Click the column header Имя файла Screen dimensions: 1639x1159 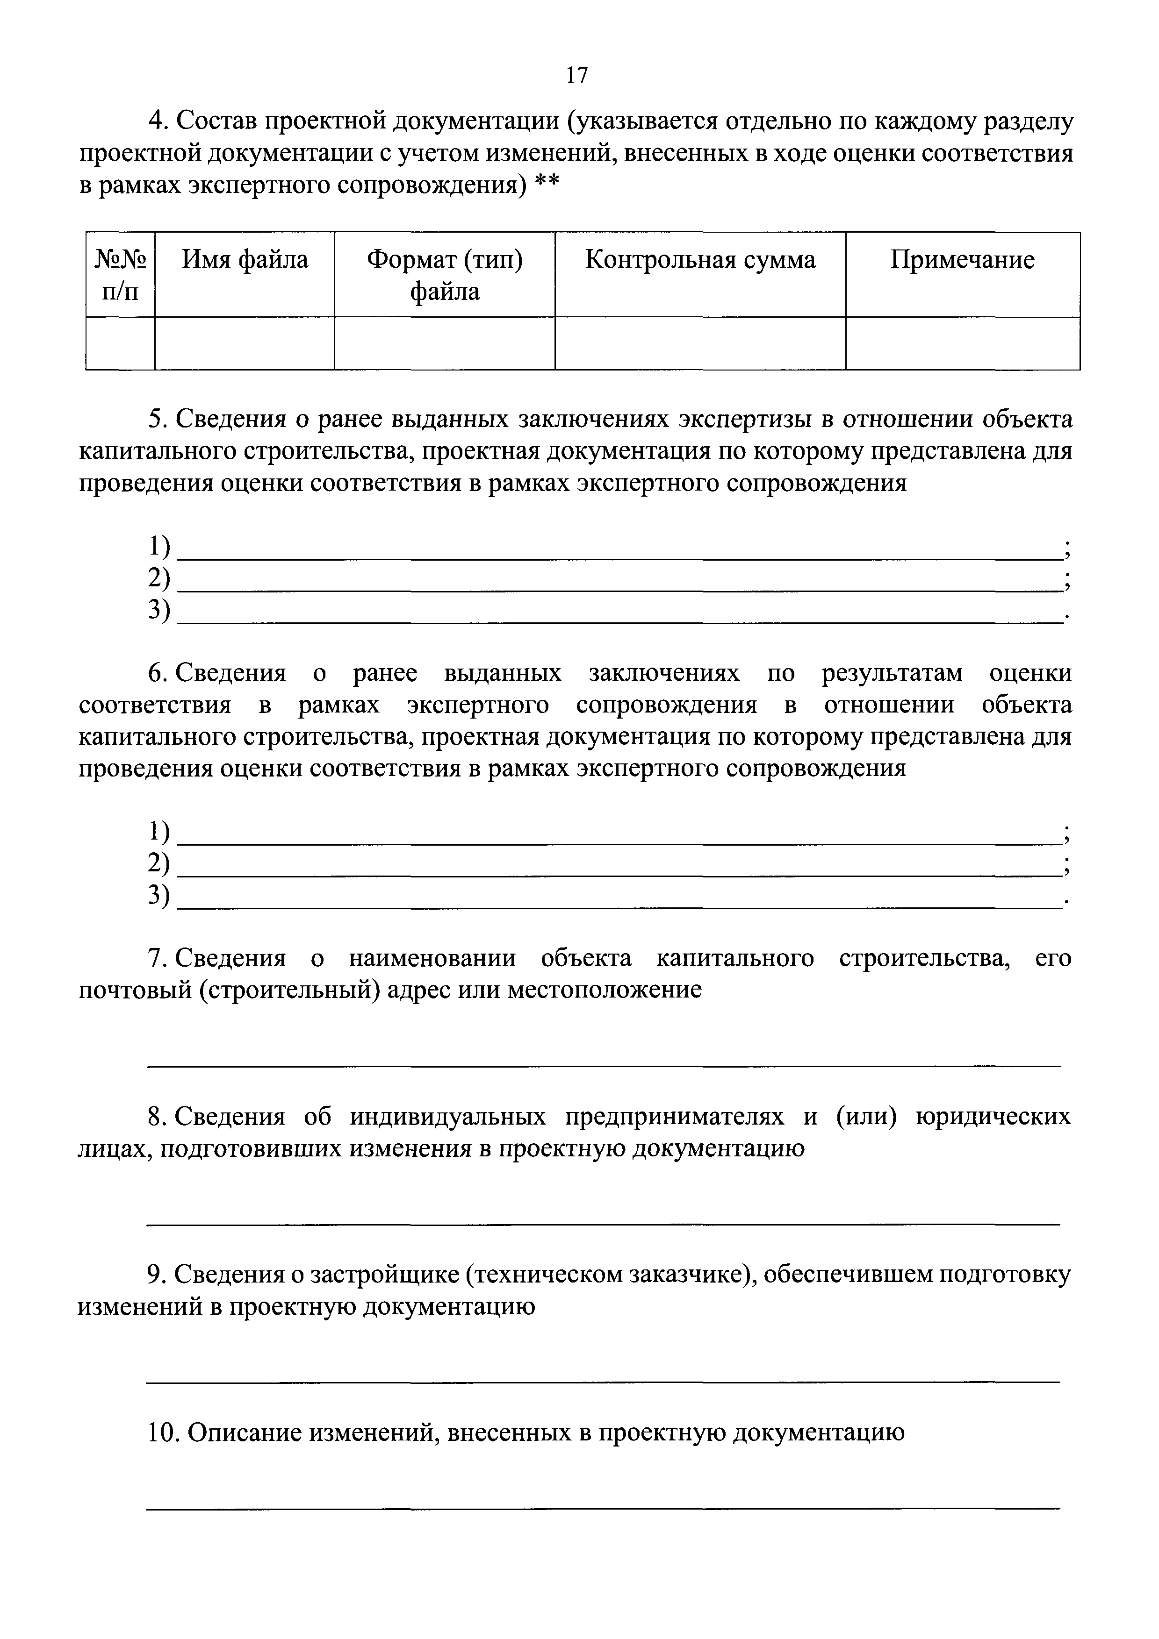click(x=245, y=259)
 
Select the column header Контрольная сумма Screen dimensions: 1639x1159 click(x=700, y=260)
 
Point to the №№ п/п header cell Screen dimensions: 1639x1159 click(x=120, y=275)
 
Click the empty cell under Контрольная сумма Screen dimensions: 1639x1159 click(x=700, y=343)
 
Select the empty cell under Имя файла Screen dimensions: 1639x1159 click(x=245, y=343)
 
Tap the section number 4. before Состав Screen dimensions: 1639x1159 click(x=158, y=122)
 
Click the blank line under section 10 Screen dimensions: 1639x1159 click(x=604, y=1508)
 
